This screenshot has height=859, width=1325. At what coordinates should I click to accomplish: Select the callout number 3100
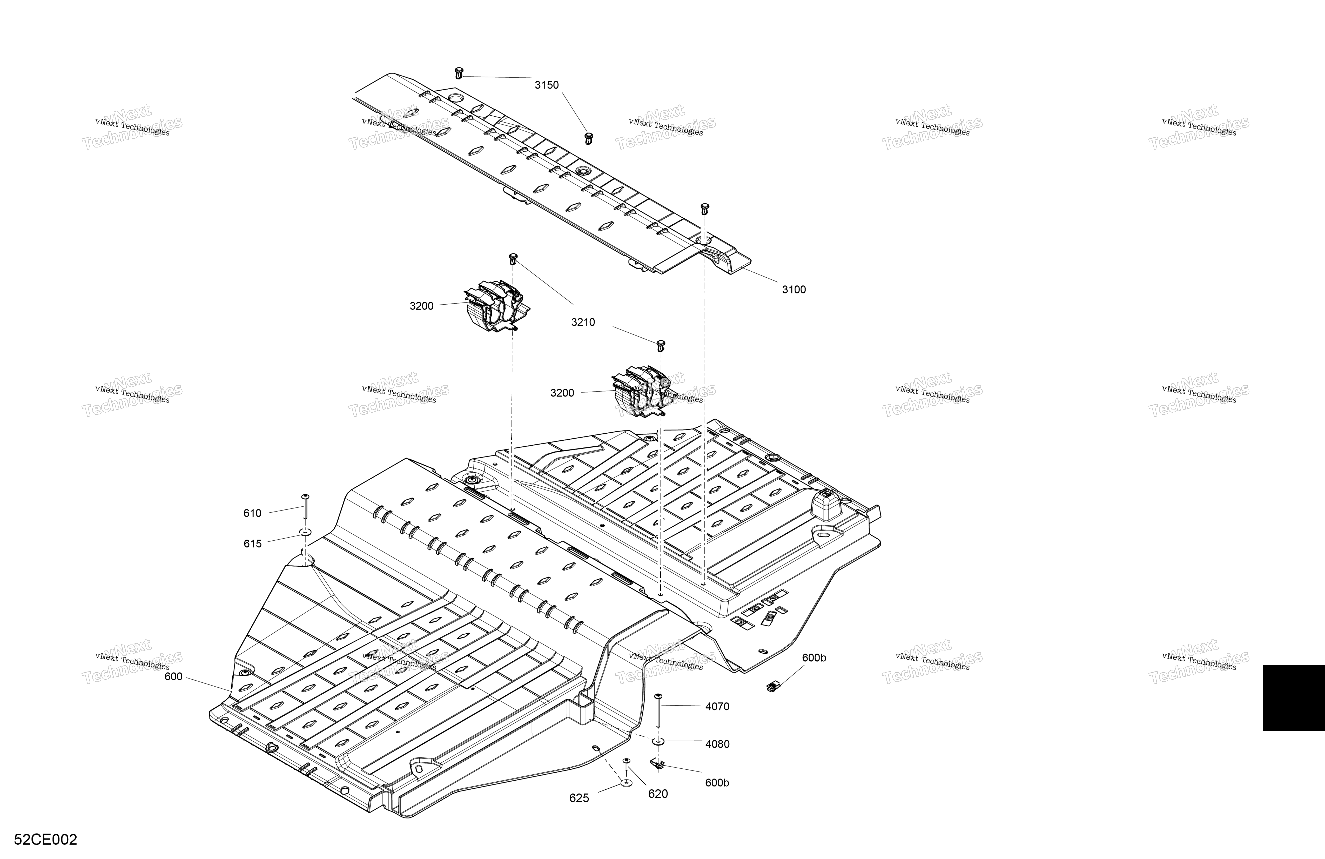coord(794,290)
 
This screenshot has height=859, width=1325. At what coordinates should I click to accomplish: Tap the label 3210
coord(583,322)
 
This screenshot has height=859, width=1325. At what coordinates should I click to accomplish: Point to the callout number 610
coord(252,513)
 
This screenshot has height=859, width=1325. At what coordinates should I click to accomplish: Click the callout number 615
coord(252,544)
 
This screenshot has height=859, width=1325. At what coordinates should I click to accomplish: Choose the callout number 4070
coord(717,707)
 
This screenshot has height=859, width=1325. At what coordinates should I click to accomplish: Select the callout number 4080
coord(717,744)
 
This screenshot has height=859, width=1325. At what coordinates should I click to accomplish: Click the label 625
coord(579,798)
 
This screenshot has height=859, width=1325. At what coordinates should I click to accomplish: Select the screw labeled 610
coord(305,507)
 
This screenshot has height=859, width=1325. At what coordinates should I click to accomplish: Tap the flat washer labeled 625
coord(626,783)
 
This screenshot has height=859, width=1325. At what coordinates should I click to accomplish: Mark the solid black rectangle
coord(1294,697)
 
